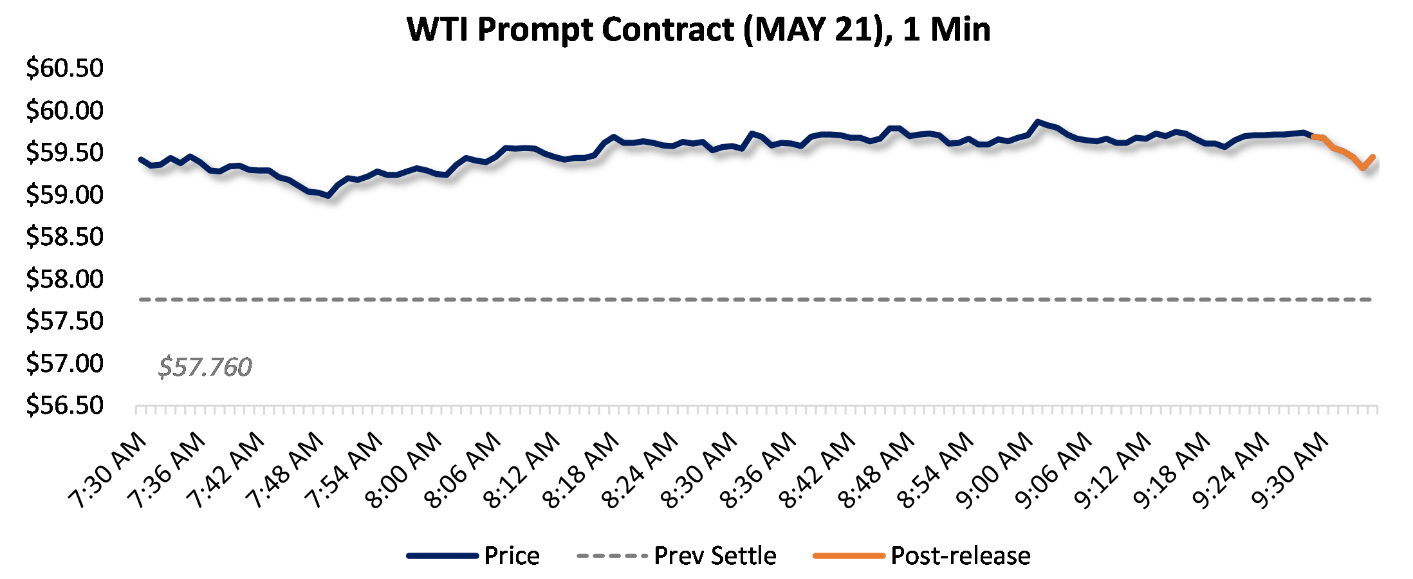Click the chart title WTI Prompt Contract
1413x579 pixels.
tap(698, 30)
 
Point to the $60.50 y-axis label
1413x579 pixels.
tap(64, 68)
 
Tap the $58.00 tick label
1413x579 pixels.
tap(64, 279)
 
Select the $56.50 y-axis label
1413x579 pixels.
tap(64, 405)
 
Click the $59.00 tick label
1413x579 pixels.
tap(64, 194)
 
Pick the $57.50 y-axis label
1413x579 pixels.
tap(64, 320)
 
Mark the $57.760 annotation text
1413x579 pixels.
tap(205, 367)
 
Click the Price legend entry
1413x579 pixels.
tap(512, 556)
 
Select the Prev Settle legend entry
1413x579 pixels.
tap(715, 556)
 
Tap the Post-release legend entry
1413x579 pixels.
tap(960, 556)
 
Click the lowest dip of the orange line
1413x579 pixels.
tap(1363, 167)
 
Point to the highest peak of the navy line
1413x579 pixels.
tap(1037, 121)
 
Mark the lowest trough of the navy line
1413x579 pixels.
tap(328, 196)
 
